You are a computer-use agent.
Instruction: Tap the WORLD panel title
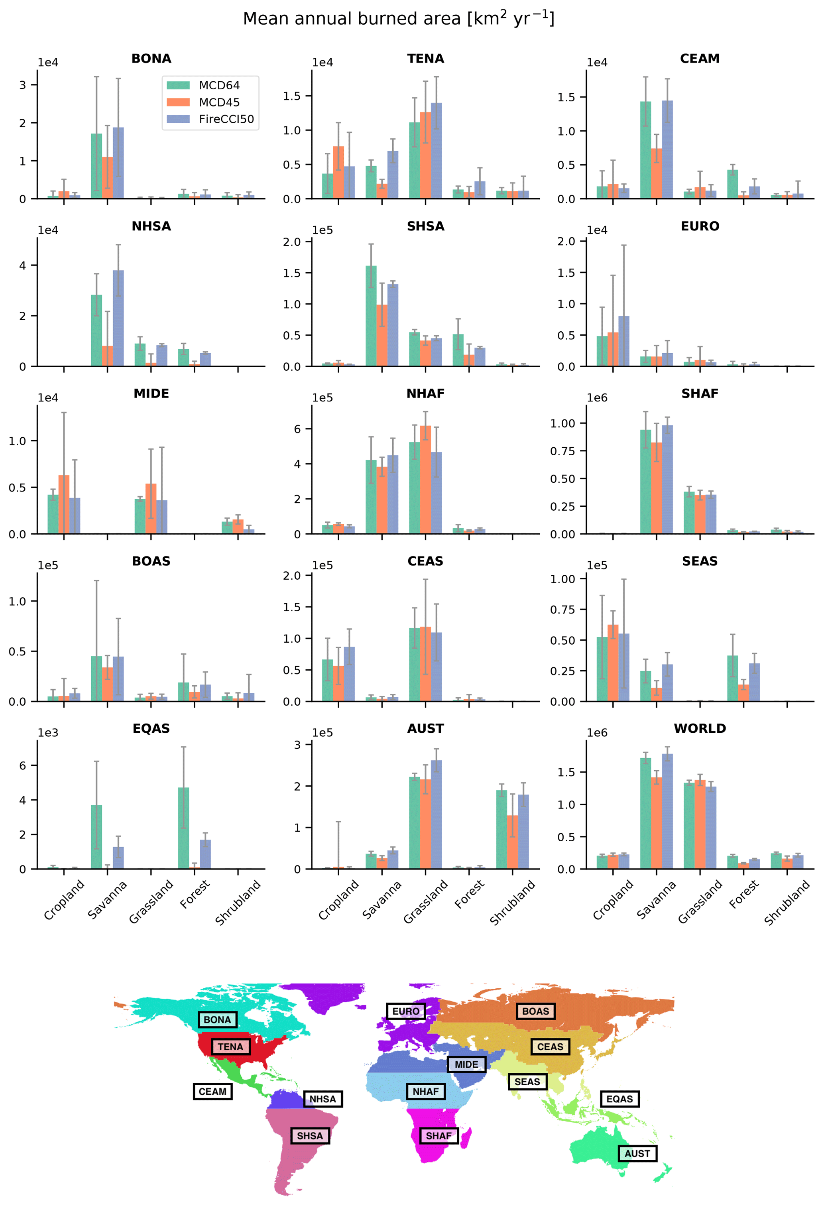coord(700,728)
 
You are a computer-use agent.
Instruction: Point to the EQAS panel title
coord(151,728)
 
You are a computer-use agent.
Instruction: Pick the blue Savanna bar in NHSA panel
coord(118,318)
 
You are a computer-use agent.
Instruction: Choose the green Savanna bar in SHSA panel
coord(371,315)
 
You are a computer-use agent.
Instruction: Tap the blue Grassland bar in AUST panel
coord(437,815)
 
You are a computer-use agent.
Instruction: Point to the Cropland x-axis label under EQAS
coord(64,900)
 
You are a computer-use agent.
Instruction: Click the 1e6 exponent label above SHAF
coord(597,398)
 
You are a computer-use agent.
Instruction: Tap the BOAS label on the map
coord(535,1011)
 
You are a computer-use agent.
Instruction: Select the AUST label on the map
coord(637,1154)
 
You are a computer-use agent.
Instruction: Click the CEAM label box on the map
coord(212,1092)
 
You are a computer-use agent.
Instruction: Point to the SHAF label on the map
coord(439,1136)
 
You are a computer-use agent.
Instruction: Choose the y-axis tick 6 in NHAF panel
coord(297,429)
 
